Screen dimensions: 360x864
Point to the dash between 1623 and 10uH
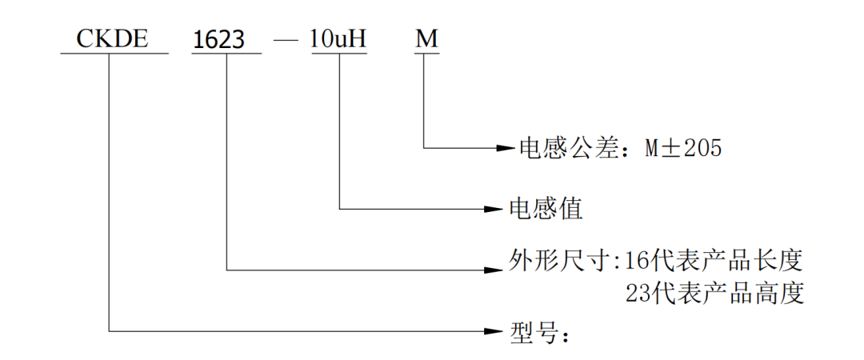(286, 40)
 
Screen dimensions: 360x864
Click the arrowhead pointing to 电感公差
(505, 148)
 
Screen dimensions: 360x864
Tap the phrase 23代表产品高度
(713, 294)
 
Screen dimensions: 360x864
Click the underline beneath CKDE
(114, 54)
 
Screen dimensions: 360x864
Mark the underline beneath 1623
(226, 54)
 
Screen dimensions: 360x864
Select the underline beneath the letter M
(426, 54)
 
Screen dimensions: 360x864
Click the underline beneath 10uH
(338, 54)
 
